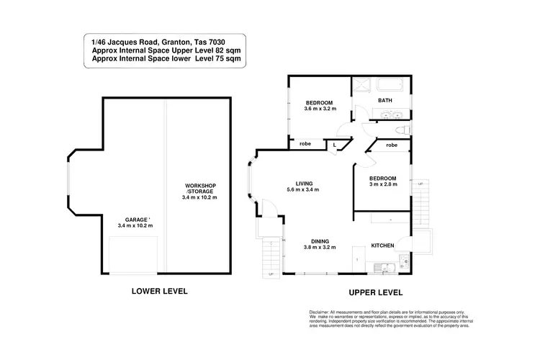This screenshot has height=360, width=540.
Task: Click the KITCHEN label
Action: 382,246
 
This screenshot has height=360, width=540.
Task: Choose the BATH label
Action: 385,101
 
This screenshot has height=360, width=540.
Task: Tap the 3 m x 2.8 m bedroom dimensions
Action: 383,185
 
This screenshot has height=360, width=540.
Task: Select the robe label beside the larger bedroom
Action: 305,145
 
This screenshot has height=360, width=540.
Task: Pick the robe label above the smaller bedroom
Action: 392,145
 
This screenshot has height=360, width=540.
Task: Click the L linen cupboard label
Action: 335,145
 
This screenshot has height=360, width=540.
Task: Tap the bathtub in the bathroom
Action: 390,85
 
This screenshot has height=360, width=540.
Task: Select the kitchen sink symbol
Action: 388,270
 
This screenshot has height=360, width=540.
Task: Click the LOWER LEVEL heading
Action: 159,292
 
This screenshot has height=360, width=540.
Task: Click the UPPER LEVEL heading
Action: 375,292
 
